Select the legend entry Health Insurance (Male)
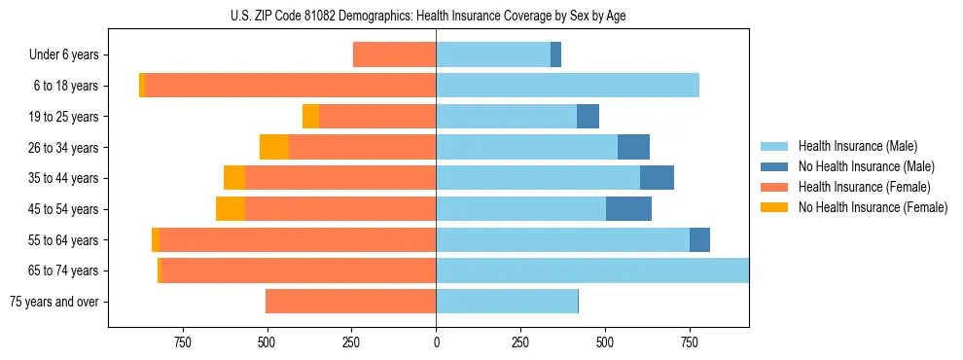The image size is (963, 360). click(x=856, y=146)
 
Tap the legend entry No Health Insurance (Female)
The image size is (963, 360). click(x=873, y=207)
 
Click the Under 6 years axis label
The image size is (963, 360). click(x=63, y=55)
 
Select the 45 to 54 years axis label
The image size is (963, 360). click(x=63, y=209)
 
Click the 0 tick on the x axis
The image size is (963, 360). click(x=436, y=342)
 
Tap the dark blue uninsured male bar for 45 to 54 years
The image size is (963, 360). click(x=628, y=209)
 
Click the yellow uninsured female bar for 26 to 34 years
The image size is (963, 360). click(x=274, y=147)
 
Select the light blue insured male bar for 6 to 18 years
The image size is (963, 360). click(x=567, y=86)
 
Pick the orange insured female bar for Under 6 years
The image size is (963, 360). click(x=394, y=55)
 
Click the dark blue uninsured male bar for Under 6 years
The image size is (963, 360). click(x=555, y=55)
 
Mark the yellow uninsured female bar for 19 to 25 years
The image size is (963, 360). click(x=310, y=117)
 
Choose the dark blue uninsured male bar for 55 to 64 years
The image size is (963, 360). click(x=699, y=240)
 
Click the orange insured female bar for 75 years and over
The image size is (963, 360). click(x=350, y=302)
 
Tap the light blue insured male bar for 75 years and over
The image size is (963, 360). click(x=506, y=302)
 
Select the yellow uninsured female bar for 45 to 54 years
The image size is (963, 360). click(x=231, y=209)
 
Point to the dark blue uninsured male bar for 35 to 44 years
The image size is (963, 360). click(x=657, y=178)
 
